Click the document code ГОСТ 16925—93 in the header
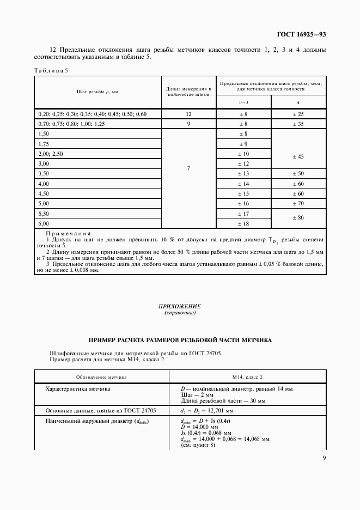point(301,35)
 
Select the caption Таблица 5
point(51,70)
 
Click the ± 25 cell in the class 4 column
point(298,114)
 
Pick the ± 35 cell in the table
point(298,124)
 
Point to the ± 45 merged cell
point(298,156)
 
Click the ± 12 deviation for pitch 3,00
point(243,163)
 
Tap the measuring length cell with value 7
point(188,168)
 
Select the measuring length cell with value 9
point(188,124)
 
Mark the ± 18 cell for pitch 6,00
point(243,223)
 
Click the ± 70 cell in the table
point(298,203)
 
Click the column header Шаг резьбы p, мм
point(98,92)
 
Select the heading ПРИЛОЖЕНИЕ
point(180,307)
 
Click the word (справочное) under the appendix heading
point(180,313)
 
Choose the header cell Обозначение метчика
point(101,377)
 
